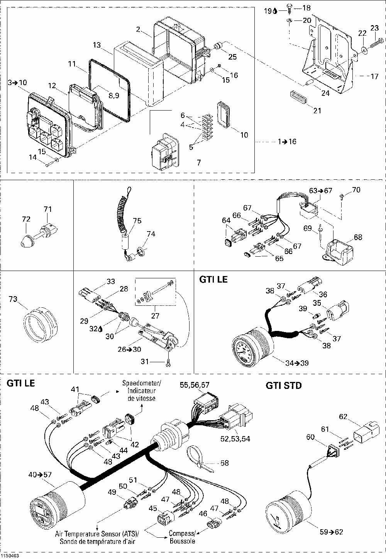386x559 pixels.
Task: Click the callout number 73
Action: [x=13, y=298]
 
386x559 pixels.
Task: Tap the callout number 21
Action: [x=317, y=111]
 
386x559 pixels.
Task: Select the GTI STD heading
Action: [x=284, y=385]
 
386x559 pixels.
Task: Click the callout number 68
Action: [x=358, y=237]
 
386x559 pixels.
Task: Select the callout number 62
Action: [x=343, y=416]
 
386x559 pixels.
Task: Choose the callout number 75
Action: [x=137, y=221]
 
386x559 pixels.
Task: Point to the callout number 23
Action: [x=374, y=28]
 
